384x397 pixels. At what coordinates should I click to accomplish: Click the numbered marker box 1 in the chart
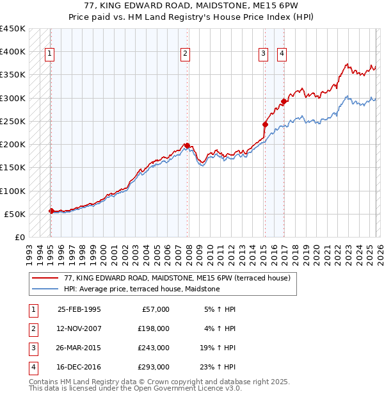click(x=50, y=54)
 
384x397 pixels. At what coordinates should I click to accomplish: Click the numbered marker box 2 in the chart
click(x=185, y=54)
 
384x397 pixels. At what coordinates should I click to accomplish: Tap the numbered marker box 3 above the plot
click(x=263, y=54)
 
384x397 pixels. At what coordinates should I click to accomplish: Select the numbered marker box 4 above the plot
click(x=282, y=54)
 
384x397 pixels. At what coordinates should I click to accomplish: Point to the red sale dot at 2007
click(x=187, y=145)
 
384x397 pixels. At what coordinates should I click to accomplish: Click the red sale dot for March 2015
click(x=265, y=124)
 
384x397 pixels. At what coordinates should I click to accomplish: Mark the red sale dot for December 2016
click(x=284, y=101)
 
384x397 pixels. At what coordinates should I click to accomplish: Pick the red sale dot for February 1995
click(x=51, y=211)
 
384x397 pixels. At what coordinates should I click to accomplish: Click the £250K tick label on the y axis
click(x=13, y=121)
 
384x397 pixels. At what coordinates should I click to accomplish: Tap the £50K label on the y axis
click(x=15, y=214)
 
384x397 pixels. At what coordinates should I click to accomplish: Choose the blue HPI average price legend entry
click(x=141, y=289)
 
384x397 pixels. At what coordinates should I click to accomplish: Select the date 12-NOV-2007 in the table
click(x=79, y=328)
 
